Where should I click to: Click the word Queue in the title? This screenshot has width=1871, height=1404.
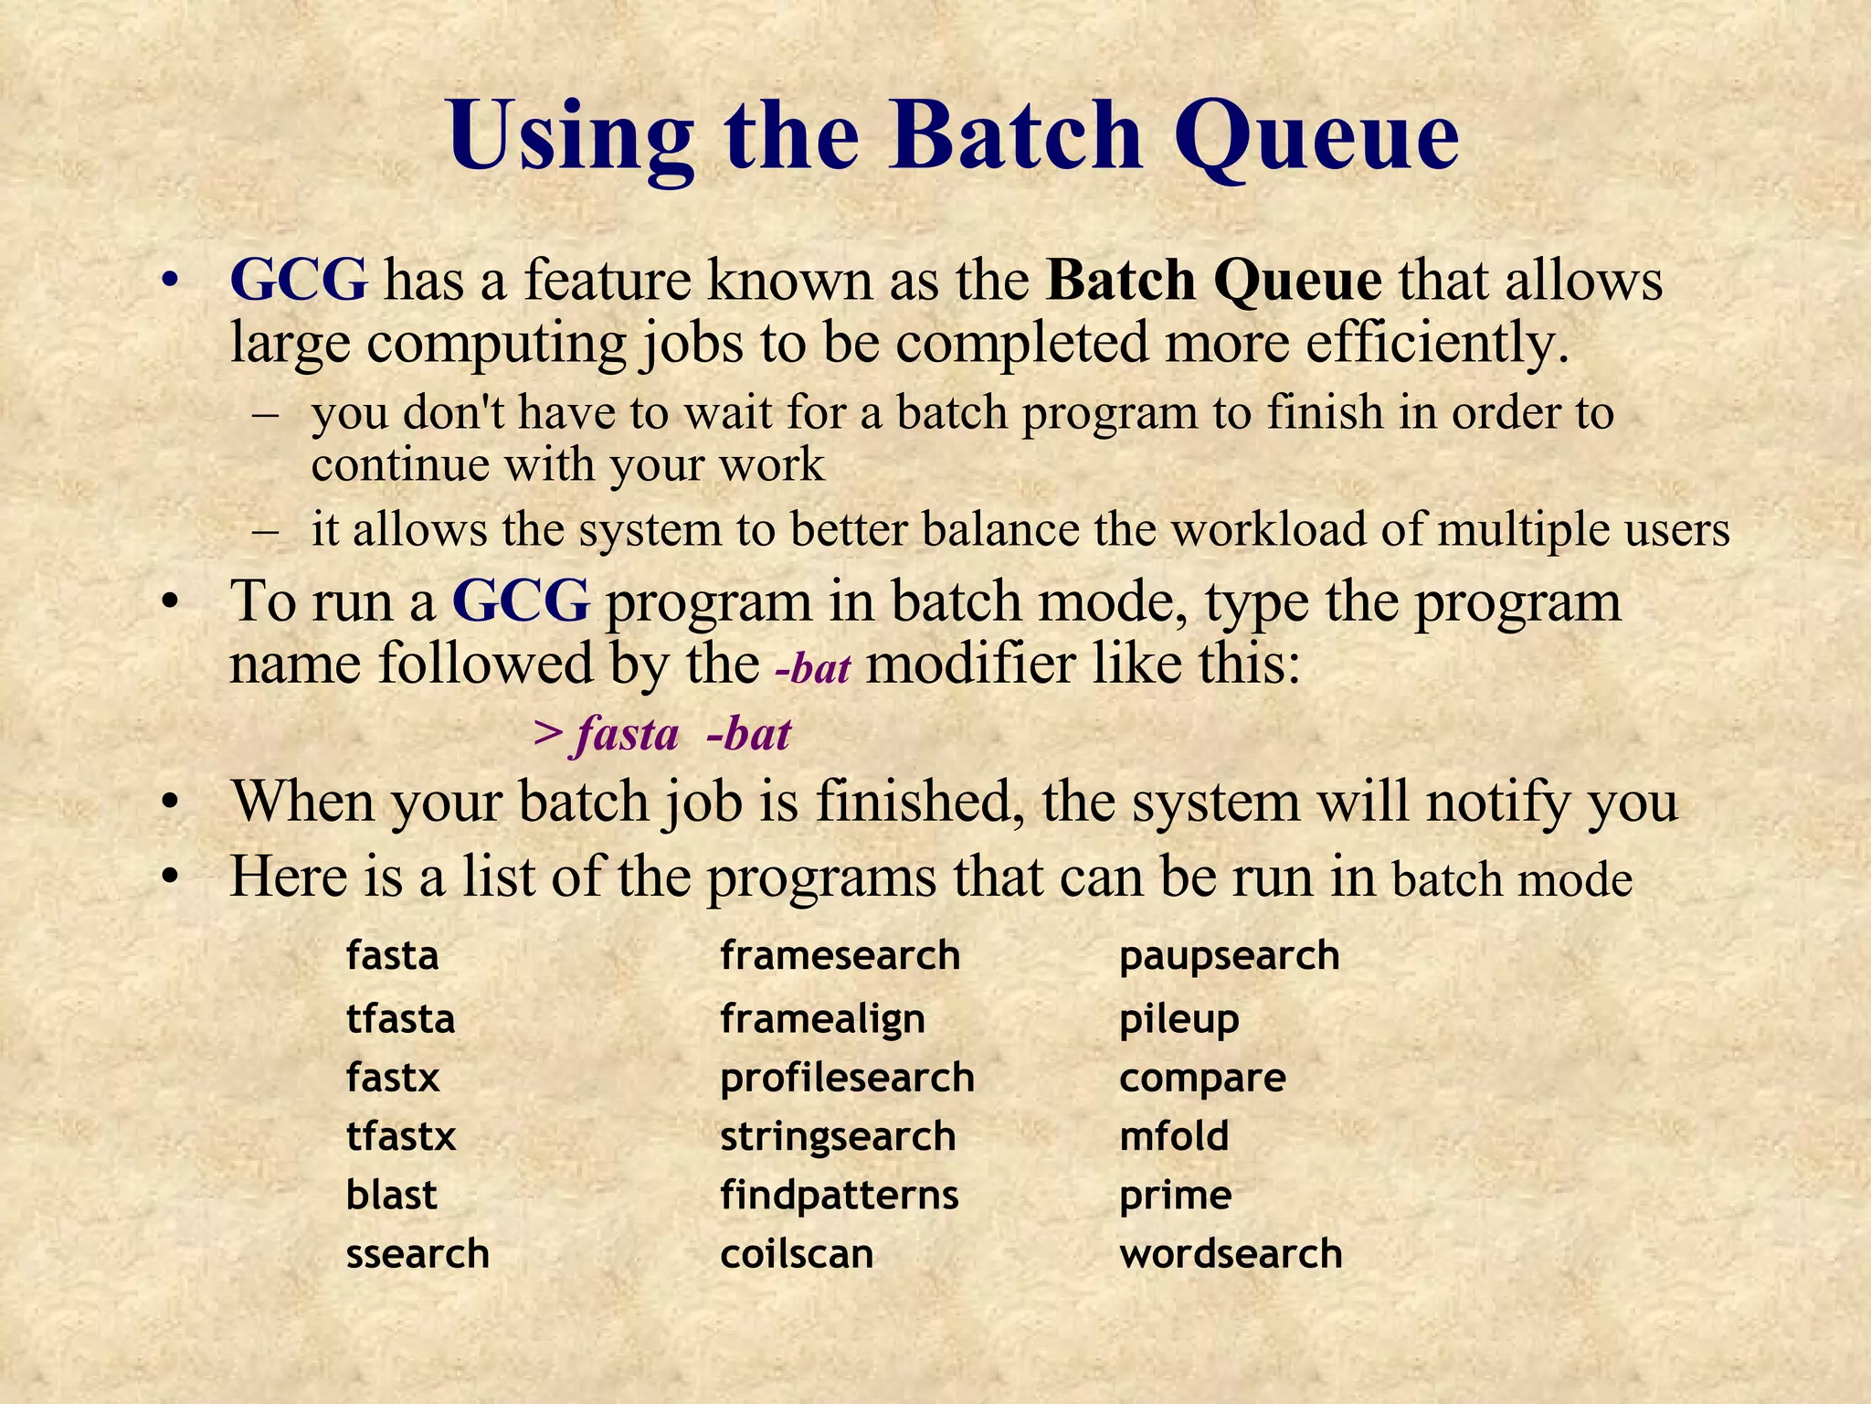1316,137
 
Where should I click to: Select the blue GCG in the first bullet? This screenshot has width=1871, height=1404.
299,281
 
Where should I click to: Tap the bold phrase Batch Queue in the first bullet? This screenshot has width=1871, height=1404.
1213,281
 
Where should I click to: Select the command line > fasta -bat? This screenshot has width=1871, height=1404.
661,734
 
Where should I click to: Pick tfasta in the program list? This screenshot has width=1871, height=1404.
400,1018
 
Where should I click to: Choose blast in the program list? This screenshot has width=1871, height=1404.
391,1195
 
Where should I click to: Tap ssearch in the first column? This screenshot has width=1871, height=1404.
418,1253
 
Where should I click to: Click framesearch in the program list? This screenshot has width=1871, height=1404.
840,956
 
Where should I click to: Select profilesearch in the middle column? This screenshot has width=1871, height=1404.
847,1078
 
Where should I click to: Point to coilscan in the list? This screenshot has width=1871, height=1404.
797,1253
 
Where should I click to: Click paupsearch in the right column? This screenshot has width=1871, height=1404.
1229,956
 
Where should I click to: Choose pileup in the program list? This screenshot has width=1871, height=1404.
1179,1019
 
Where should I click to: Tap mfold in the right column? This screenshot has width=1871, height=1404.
1174,1136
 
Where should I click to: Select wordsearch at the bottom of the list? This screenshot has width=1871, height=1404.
1231,1253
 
